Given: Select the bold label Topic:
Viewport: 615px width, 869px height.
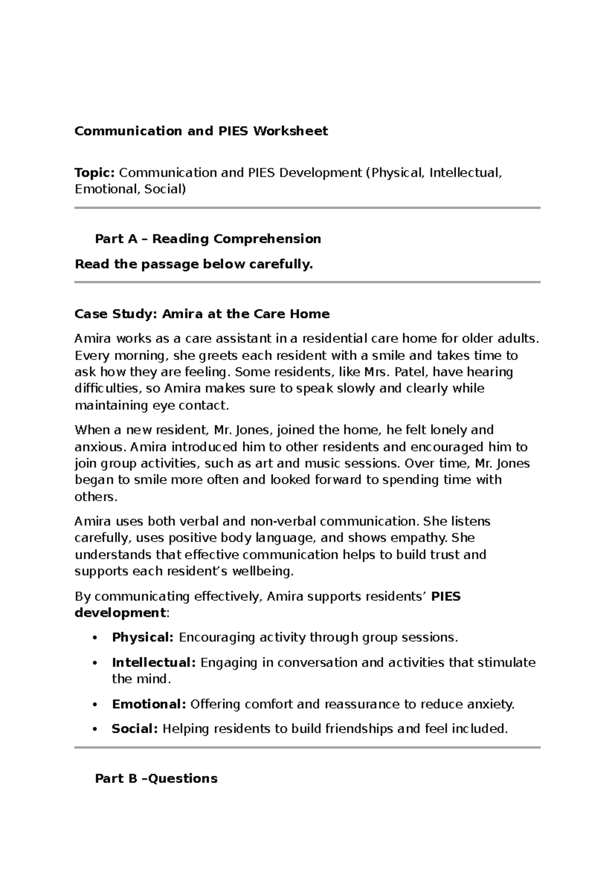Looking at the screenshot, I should (x=95, y=173).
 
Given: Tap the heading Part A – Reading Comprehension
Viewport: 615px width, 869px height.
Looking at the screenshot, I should (x=208, y=239).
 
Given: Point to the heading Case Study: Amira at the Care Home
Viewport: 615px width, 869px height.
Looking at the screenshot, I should (x=202, y=314).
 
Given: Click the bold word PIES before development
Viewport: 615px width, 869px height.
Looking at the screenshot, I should (x=446, y=596).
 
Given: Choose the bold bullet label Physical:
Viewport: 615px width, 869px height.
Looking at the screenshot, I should (x=142, y=637).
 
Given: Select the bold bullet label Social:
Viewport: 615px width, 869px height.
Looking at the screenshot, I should (x=135, y=729).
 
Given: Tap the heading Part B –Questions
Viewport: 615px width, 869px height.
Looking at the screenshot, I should (x=156, y=779).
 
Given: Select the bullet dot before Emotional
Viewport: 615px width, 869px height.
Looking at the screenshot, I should (x=94, y=705).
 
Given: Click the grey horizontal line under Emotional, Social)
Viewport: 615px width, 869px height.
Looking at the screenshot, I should (x=307, y=208).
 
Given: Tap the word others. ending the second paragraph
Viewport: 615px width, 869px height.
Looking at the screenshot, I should (x=96, y=497).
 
